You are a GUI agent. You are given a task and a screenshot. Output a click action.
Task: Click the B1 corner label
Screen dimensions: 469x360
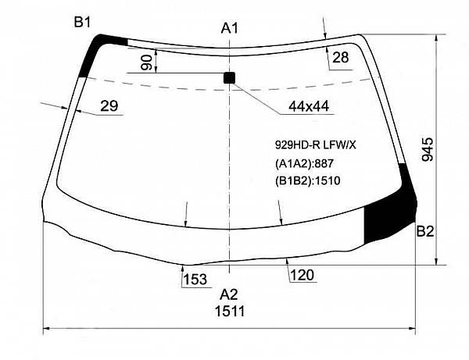[x=82, y=22]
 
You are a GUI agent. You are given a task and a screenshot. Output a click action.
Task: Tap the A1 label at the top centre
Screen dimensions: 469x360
[x=229, y=28]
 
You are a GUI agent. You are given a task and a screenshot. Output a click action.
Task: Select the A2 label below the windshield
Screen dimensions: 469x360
[x=229, y=295]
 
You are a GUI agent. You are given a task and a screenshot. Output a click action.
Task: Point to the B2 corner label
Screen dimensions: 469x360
[x=425, y=231]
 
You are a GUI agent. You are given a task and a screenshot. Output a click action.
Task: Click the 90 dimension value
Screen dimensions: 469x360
[x=147, y=62]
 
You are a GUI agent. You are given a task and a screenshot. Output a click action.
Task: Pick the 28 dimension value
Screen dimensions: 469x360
[x=340, y=57]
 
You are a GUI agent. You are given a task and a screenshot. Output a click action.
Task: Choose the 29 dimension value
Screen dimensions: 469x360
[x=109, y=105]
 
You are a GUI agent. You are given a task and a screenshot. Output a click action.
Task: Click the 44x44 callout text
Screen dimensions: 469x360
[x=309, y=106]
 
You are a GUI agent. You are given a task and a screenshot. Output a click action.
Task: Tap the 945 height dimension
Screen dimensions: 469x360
[x=427, y=149]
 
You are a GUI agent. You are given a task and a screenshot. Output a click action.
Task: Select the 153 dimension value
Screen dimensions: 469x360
[x=195, y=280]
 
